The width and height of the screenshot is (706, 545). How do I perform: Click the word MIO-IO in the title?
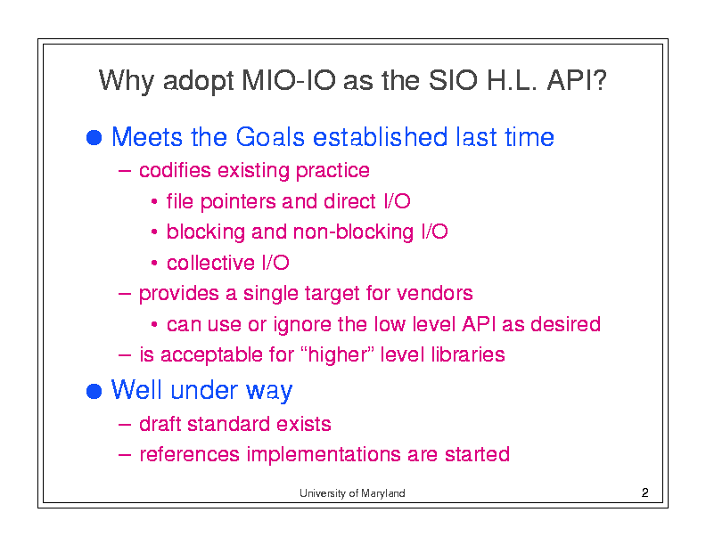coord(289,80)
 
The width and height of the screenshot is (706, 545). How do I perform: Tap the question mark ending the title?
coord(599,80)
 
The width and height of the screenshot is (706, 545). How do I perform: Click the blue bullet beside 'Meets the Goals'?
coord(94,138)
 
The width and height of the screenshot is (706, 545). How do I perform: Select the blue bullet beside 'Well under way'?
coord(94,391)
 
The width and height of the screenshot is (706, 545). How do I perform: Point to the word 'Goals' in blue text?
coord(270,137)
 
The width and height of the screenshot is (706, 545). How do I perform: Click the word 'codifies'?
coord(175,170)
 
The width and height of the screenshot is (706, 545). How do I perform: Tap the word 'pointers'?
coord(237,202)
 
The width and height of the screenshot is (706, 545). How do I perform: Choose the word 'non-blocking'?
coord(353,232)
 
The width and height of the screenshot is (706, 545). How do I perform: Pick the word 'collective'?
coord(210,263)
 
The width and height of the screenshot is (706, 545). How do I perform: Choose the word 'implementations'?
coord(324,454)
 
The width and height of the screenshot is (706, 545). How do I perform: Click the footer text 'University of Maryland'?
coord(352,492)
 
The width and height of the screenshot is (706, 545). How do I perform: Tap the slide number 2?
coord(644,492)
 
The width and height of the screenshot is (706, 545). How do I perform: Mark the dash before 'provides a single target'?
coord(124,294)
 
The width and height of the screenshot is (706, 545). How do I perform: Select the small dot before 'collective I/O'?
coord(154,263)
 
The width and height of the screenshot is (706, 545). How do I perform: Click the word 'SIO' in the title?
coord(453,80)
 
